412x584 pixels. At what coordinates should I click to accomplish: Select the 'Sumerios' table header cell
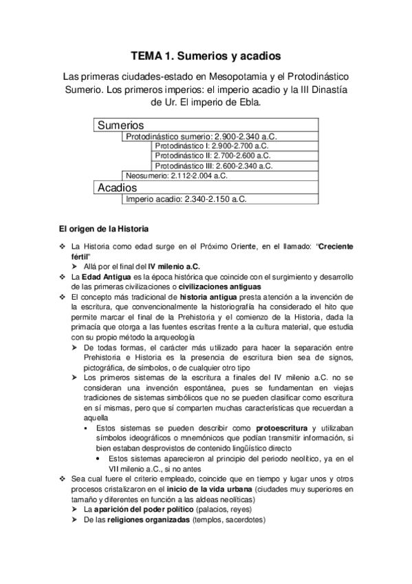pyautogui.click(x=120, y=126)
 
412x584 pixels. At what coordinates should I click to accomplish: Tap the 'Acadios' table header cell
pyautogui.click(x=118, y=187)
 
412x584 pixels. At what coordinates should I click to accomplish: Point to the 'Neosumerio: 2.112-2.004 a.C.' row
pyautogui.click(x=177, y=176)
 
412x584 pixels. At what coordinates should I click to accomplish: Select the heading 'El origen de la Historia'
pyautogui.click(x=103, y=228)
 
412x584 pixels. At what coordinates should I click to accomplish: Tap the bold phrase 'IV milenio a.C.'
pyautogui.click(x=175, y=266)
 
